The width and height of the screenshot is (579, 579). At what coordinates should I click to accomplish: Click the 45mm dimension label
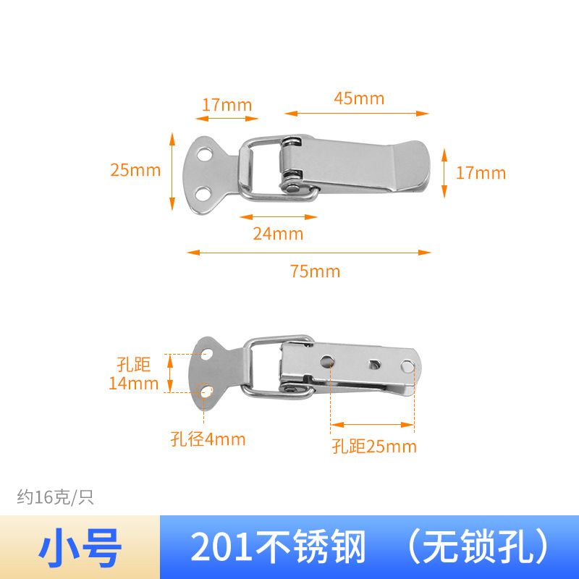(359, 98)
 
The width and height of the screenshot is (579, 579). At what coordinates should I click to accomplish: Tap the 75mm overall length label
(315, 271)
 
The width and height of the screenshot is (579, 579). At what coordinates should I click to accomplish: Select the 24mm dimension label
(278, 234)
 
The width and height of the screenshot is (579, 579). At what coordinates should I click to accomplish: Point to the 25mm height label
(135, 170)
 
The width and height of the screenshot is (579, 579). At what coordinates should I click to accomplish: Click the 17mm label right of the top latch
(481, 173)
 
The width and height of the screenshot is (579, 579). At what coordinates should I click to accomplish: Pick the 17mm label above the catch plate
(227, 105)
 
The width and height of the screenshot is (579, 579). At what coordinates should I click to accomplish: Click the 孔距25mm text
(374, 447)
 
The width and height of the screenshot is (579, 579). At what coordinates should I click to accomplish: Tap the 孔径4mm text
(208, 439)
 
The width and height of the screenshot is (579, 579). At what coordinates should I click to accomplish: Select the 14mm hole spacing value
(133, 384)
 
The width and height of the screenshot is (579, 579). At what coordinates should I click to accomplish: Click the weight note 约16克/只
(56, 497)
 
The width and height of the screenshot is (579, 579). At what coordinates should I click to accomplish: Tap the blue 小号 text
(80, 548)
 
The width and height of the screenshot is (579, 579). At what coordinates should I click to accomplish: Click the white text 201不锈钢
(278, 547)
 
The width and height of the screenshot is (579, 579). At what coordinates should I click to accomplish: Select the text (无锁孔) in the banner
(478, 547)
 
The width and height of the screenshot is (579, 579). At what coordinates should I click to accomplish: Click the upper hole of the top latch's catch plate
(205, 154)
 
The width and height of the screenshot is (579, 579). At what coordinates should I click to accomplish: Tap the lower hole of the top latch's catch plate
(203, 194)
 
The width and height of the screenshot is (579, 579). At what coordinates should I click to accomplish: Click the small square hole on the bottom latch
(374, 365)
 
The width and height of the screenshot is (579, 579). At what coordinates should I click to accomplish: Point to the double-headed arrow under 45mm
(356, 114)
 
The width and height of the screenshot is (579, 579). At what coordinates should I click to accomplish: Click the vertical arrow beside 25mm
(172, 172)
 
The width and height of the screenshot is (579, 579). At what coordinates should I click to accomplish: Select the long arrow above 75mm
(309, 253)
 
